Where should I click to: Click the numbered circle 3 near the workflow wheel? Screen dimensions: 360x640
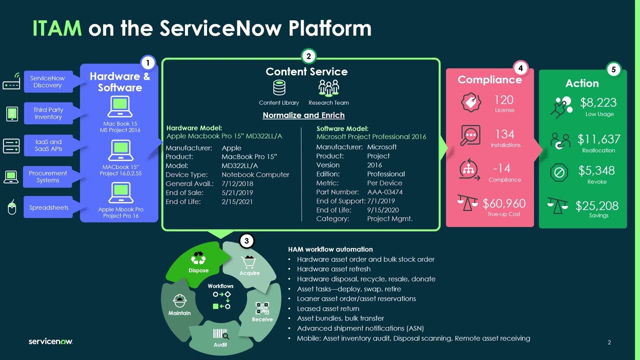coord(246,241)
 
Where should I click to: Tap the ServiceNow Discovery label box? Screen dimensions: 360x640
coord(47,82)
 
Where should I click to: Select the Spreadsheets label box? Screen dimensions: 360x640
coord(48,207)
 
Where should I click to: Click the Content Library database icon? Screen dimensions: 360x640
coord(279,88)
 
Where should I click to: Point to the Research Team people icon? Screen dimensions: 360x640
coord(328,88)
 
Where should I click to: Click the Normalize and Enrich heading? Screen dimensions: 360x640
coord(303,115)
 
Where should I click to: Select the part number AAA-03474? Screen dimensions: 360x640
coord(385,192)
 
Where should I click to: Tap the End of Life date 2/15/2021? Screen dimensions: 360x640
coord(237,201)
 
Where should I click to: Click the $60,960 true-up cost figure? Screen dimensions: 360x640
coord(504,203)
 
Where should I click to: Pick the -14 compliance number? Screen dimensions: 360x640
coord(504,168)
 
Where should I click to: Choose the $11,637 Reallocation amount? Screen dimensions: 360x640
coord(598,139)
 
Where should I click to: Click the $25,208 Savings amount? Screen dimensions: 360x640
coord(597,205)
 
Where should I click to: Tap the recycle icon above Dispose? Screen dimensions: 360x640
coord(198,258)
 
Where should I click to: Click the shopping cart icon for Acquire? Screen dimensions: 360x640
coord(248,261)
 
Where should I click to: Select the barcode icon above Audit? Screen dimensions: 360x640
coord(220,334)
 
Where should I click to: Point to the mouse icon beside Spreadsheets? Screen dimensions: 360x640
coord(12,207)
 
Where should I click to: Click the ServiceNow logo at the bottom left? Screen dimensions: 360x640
coord(50,341)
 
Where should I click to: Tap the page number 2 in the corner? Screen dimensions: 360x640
coord(609,342)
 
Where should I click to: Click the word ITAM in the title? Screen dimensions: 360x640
coord(56,28)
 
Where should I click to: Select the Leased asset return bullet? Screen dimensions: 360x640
coord(328,308)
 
